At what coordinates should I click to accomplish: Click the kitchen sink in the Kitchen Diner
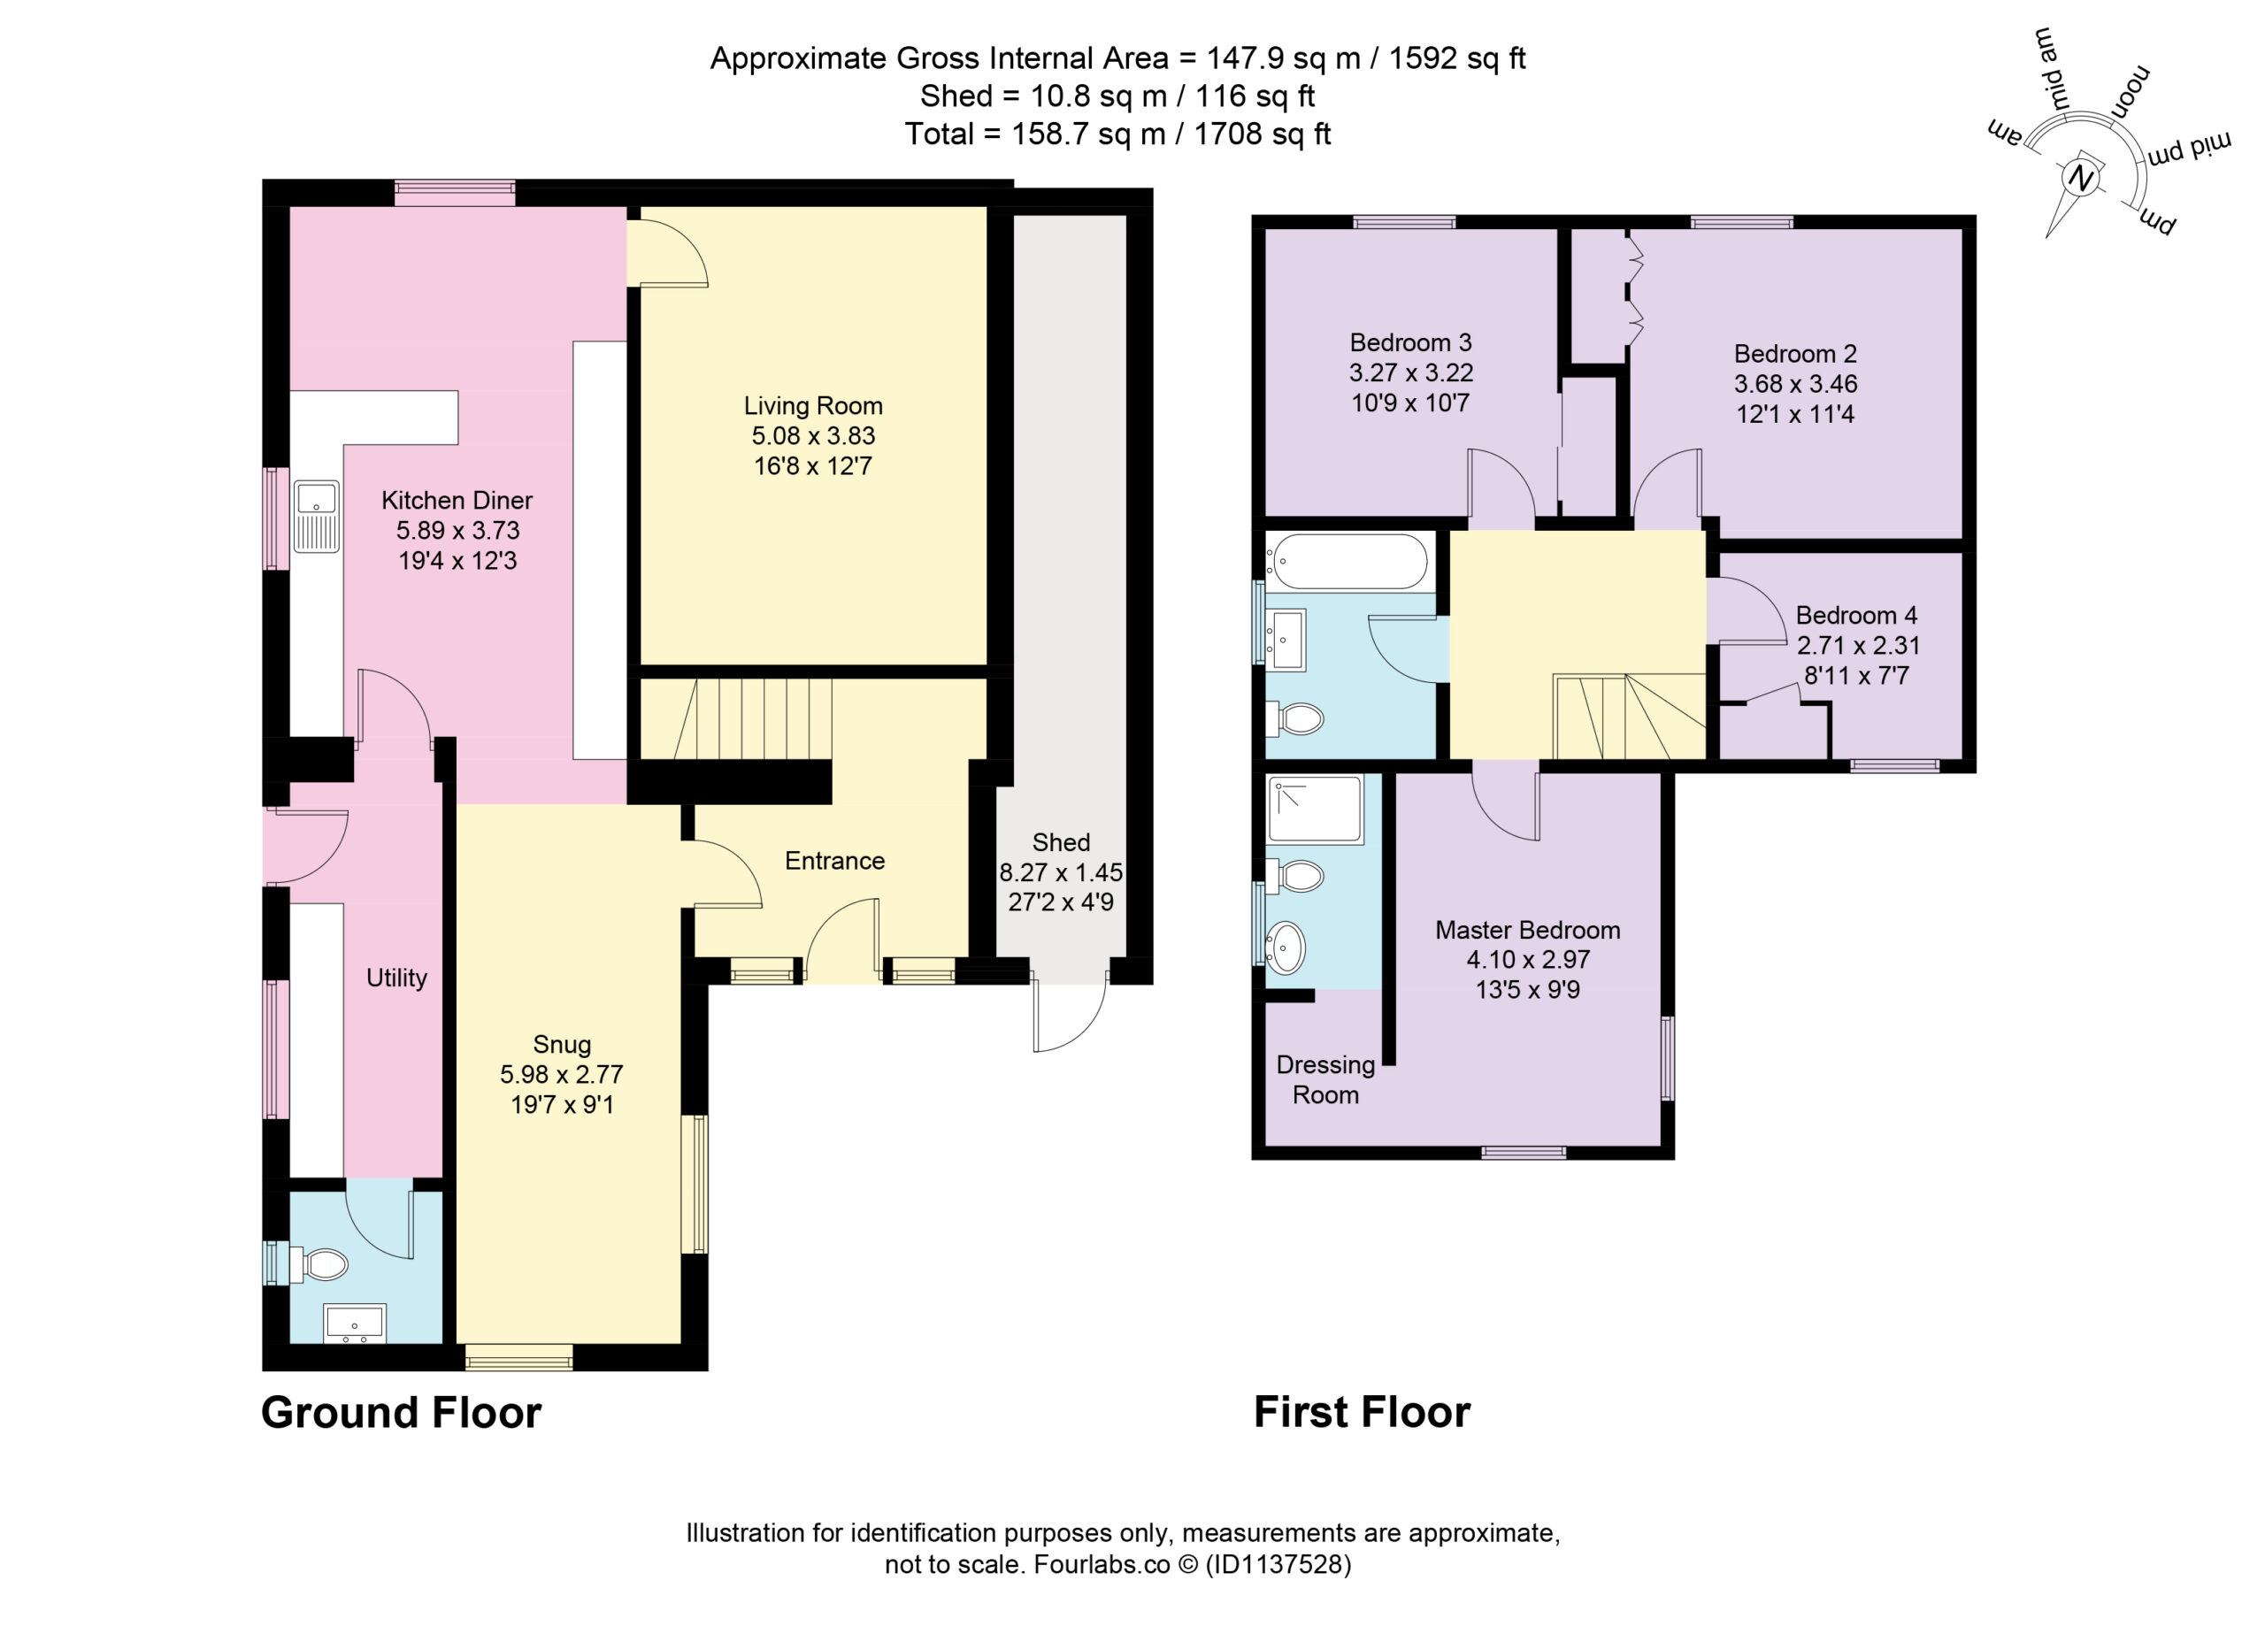tap(317, 517)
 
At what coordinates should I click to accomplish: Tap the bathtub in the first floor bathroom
tap(1348, 561)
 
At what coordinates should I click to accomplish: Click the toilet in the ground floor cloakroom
tap(319, 1265)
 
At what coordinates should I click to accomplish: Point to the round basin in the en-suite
tap(1286, 947)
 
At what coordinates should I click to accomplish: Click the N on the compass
tap(2080, 179)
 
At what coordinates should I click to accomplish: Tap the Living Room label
tap(813, 405)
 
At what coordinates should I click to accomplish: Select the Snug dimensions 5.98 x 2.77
tap(561, 1075)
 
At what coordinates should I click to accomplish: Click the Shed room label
tap(1061, 842)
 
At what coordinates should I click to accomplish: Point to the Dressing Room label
tap(1325, 1079)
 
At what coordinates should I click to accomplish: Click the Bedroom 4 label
tap(1856, 615)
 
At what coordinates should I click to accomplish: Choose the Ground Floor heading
tap(402, 1412)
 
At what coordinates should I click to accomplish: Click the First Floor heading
tap(1363, 1412)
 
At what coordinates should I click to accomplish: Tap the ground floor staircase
tap(754, 719)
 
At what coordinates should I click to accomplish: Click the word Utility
tap(396, 978)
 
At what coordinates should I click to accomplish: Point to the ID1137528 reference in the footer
tap(1278, 1564)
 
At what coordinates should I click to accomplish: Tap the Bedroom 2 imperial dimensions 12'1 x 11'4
tap(1794, 413)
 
